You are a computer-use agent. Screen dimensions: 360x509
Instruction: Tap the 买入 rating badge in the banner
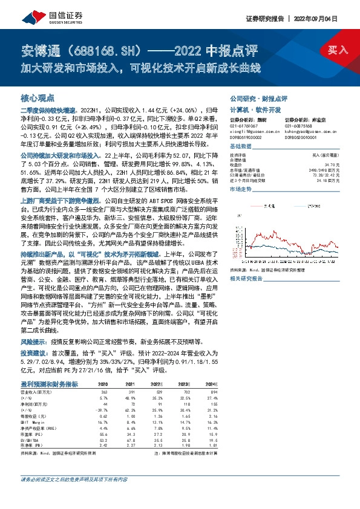coord(337,50)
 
